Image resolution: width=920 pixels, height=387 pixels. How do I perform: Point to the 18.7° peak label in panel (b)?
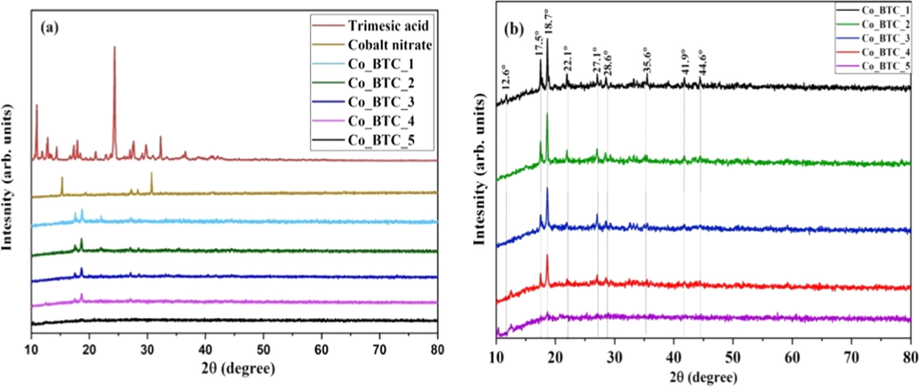pyautogui.click(x=549, y=21)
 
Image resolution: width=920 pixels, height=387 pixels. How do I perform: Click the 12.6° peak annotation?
pyautogui.click(x=505, y=78)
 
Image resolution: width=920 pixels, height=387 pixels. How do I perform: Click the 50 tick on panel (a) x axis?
pyautogui.click(x=263, y=350)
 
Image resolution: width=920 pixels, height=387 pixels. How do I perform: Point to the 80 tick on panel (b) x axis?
pyautogui.click(x=910, y=357)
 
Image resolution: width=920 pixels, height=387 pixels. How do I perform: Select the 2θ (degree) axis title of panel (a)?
pyautogui.click(x=238, y=369)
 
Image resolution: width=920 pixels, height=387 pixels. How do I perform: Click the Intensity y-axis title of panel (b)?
pyautogui.click(x=480, y=169)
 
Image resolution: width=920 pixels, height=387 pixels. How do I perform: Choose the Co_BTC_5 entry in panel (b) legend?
pyautogui.click(x=885, y=66)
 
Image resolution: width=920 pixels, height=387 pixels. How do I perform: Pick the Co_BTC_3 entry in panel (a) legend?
pyautogui.click(x=381, y=102)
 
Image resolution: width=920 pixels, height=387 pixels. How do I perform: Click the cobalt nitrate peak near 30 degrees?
pyautogui.click(x=151, y=174)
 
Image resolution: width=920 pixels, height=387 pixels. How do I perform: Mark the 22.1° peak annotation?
pyautogui.click(x=569, y=58)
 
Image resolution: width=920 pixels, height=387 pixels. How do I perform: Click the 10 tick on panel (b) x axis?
pyautogui.click(x=497, y=357)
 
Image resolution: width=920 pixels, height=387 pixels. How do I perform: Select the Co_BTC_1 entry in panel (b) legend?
pyautogui.click(x=885, y=11)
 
